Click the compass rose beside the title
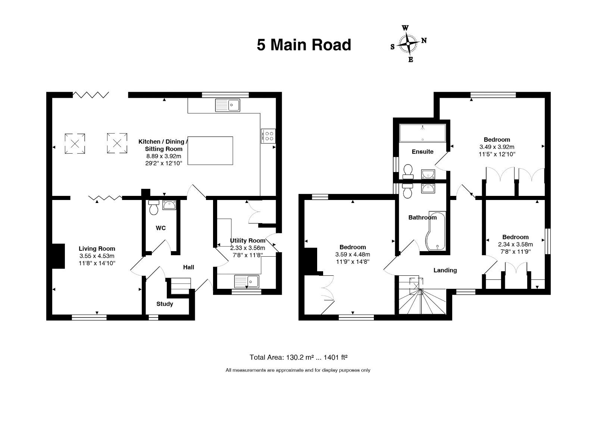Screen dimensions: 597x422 click(x=408, y=44)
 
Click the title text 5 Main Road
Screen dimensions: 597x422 click(x=304, y=45)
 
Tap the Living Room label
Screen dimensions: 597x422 click(x=97, y=249)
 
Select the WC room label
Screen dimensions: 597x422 click(x=161, y=228)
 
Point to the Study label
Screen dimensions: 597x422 click(x=165, y=304)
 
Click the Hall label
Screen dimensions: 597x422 click(x=188, y=267)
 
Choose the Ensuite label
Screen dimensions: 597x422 click(x=422, y=152)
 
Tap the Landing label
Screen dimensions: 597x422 click(x=445, y=270)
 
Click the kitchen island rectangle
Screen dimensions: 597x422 click(x=210, y=151)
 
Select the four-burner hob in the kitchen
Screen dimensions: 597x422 click(x=268, y=136)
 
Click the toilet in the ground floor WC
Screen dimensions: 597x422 click(x=154, y=207)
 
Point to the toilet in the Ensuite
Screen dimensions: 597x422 click(x=408, y=172)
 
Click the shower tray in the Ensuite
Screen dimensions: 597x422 click(x=422, y=133)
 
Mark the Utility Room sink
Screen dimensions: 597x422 click(x=247, y=281)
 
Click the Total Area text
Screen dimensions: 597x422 click(x=298, y=357)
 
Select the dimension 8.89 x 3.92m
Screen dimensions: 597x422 click(x=164, y=156)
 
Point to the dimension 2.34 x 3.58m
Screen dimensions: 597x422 click(x=515, y=244)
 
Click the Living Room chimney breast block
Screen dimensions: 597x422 click(x=58, y=256)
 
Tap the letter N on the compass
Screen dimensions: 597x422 click(x=424, y=41)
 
